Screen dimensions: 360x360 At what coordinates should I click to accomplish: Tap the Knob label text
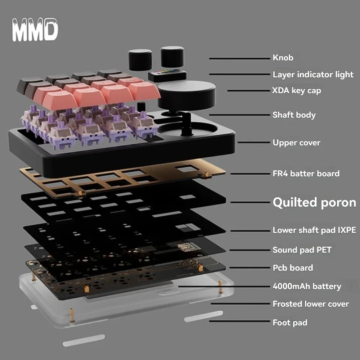tap(283, 58)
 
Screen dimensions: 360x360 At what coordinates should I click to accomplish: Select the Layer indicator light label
tap(313, 75)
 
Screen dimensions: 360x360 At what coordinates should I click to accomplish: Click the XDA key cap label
tap(296, 91)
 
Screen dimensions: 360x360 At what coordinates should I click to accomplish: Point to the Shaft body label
tap(294, 115)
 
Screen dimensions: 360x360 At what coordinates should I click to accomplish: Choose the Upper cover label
tap(296, 143)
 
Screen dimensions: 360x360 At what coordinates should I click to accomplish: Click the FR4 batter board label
tap(306, 174)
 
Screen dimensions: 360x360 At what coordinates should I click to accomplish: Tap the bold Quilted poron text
tap(314, 202)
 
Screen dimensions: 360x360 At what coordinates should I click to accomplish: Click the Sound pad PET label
tap(302, 249)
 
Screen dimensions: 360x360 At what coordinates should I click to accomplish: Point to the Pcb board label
tap(293, 268)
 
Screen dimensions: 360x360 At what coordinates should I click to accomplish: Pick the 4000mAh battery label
tap(307, 287)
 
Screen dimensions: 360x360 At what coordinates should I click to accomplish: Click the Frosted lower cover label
tap(310, 304)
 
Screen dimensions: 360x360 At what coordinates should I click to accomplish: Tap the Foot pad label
tap(290, 323)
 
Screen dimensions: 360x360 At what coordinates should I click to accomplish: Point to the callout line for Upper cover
tap(253, 143)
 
